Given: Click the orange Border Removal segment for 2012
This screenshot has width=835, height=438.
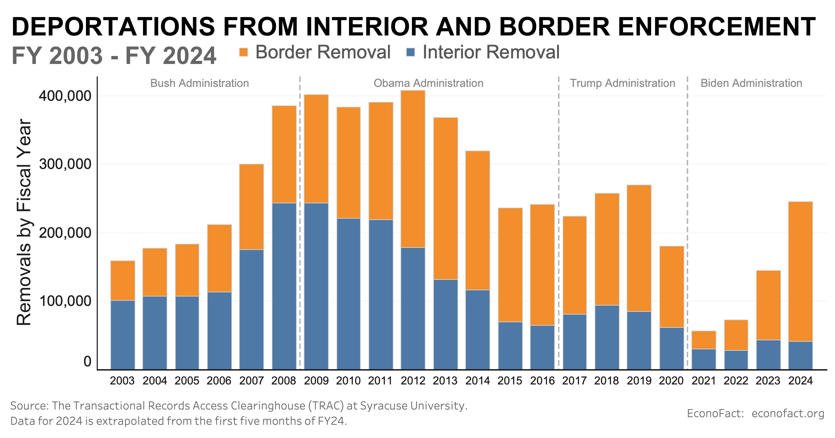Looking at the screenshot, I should pyautogui.click(x=413, y=169).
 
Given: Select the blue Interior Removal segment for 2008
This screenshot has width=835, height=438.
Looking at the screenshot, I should pyautogui.click(x=284, y=286).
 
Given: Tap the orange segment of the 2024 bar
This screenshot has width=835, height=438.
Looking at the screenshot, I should pyautogui.click(x=801, y=271).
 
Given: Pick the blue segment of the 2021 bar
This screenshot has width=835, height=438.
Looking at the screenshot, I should pyautogui.click(x=704, y=359).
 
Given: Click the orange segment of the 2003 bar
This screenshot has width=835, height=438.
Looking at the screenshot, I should pyautogui.click(x=123, y=280).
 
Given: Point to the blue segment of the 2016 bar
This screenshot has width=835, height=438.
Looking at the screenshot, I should pyautogui.click(x=542, y=347).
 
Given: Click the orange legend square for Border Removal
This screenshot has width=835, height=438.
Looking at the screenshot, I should pyautogui.click(x=244, y=52).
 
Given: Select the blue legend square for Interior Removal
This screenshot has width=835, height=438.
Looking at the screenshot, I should pyautogui.click(x=411, y=52).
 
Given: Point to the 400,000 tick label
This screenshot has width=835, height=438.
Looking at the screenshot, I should pyautogui.click(x=65, y=96).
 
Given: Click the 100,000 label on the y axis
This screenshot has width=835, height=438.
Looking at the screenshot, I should pyautogui.click(x=65, y=301).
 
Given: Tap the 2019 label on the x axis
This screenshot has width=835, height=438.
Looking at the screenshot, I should pyautogui.click(x=639, y=381).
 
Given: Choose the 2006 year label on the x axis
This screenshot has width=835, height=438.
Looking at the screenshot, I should pyautogui.click(x=219, y=381).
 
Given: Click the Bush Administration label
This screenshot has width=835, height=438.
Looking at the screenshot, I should pyautogui.click(x=199, y=83).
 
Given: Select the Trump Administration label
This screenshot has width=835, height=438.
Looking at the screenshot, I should pyautogui.click(x=622, y=83).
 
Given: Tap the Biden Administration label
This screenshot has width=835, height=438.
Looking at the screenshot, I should pyautogui.click(x=751, y=83).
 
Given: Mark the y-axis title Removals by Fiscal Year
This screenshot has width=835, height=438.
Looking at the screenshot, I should pyautogui.click(x=24, y=222).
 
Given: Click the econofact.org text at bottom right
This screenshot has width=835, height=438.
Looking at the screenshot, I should pyautogui.click(x=788, y=413).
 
